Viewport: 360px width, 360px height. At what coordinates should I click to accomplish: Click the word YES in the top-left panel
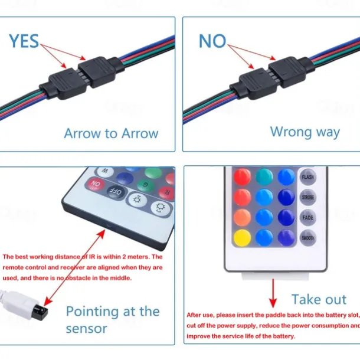[x=24, y=41]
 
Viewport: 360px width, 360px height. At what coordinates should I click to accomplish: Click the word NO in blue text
[x=212, y=41]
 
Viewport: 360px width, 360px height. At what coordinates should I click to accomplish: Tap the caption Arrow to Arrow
[x=111, y=133]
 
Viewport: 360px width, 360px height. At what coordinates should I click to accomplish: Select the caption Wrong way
[x=305, y=131]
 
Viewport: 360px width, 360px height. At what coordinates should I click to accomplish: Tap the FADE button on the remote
[x=307, y=217]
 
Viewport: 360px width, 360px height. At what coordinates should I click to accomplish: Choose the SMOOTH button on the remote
[x=307, y=238]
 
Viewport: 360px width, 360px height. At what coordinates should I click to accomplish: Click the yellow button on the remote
[x=242, y=238]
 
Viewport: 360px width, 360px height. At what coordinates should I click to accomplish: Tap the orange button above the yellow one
[x=242, y=217]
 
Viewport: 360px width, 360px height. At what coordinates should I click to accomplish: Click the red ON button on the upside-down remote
[x=95, y=184]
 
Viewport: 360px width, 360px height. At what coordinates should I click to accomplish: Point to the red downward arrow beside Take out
[x=272, y=292]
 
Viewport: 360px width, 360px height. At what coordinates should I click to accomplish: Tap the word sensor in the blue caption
[x=86, y=328]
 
